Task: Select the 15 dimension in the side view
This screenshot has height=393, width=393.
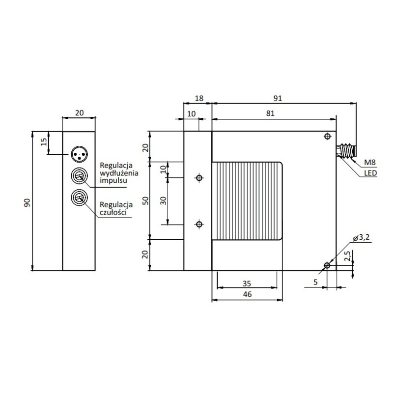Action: point(43,142)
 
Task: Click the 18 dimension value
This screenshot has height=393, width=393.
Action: point(199,98)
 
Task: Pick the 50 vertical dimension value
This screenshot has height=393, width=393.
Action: point(145,200)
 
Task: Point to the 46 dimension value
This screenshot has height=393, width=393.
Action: point(247,295)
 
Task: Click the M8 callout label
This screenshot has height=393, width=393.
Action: point(369,163)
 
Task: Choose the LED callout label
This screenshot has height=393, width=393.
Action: point(370,173)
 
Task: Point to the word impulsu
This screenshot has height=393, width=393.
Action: point(114,181)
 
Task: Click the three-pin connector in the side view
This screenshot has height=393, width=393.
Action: point(79,153)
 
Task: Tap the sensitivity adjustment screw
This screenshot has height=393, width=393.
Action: point(79,197)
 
